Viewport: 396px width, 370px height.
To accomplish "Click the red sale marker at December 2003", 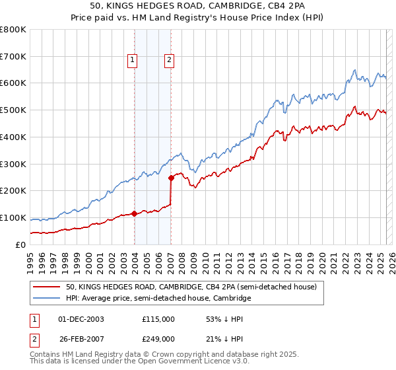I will point(135,213).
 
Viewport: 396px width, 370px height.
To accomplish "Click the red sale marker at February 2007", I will point(171,177).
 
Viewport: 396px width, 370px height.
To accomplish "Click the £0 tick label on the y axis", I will point(20,244).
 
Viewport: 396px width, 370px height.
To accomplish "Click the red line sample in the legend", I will point(48,287).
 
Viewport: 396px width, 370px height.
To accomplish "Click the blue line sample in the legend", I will point(48,299).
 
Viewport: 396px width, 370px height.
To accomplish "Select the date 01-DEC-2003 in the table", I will point(81,318).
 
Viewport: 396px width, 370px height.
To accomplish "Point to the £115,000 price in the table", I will point(158,318).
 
